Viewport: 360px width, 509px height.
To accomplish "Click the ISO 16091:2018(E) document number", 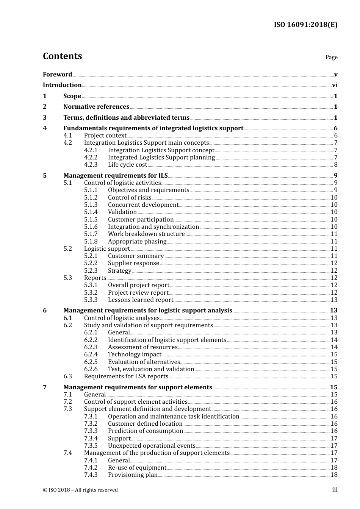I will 305,25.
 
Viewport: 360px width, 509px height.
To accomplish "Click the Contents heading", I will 62,56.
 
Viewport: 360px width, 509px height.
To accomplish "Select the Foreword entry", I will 57,74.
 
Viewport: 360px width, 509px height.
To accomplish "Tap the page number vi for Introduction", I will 335,85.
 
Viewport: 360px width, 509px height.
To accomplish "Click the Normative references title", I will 96,107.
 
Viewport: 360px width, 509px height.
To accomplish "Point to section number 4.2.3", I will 91,165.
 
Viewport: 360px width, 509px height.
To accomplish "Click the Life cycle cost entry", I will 127,165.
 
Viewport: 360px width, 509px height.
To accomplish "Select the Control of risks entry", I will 130,198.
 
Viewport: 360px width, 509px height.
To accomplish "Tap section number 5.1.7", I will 91,234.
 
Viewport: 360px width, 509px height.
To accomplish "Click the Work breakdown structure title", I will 146,234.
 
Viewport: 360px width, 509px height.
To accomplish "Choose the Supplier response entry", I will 133,263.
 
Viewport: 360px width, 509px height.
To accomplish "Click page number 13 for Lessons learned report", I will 334,300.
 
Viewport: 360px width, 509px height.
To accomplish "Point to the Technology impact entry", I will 135,354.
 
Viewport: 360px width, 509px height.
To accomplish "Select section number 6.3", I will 67,376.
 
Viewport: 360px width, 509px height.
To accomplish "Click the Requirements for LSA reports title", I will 126,376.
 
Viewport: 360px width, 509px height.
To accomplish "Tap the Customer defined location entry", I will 145,424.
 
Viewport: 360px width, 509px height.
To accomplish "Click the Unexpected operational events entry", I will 152,446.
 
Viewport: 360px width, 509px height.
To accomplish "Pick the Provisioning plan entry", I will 133,475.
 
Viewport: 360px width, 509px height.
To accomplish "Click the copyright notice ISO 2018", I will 80,490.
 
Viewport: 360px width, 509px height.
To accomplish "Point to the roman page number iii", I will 335,490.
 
